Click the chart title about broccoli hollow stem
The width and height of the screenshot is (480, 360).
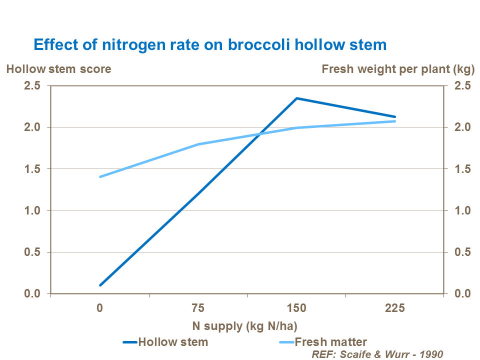(210, 44)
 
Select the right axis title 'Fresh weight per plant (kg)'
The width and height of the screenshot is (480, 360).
(398, 69)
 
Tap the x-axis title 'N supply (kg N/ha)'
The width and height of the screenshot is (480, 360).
(245, 326)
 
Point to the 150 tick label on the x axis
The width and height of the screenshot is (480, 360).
(296, 308)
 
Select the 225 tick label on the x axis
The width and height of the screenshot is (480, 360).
(395, 308)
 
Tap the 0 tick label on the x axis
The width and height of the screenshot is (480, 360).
(100, 308)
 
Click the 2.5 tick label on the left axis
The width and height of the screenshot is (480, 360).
(32, 85)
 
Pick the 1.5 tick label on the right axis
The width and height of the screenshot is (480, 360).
(462, 169)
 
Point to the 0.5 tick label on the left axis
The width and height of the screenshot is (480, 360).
(32, 252)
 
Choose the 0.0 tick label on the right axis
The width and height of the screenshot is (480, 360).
(462, 293)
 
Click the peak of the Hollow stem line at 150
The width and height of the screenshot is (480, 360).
(296, 98)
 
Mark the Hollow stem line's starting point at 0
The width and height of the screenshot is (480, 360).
(100, 285)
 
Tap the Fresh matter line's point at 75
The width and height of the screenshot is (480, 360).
(198, 144)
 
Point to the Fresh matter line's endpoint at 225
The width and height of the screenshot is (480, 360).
(395, 121)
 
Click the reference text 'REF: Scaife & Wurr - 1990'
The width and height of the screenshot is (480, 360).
(377, 354)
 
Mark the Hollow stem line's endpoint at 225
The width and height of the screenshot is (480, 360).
(395, 116)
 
